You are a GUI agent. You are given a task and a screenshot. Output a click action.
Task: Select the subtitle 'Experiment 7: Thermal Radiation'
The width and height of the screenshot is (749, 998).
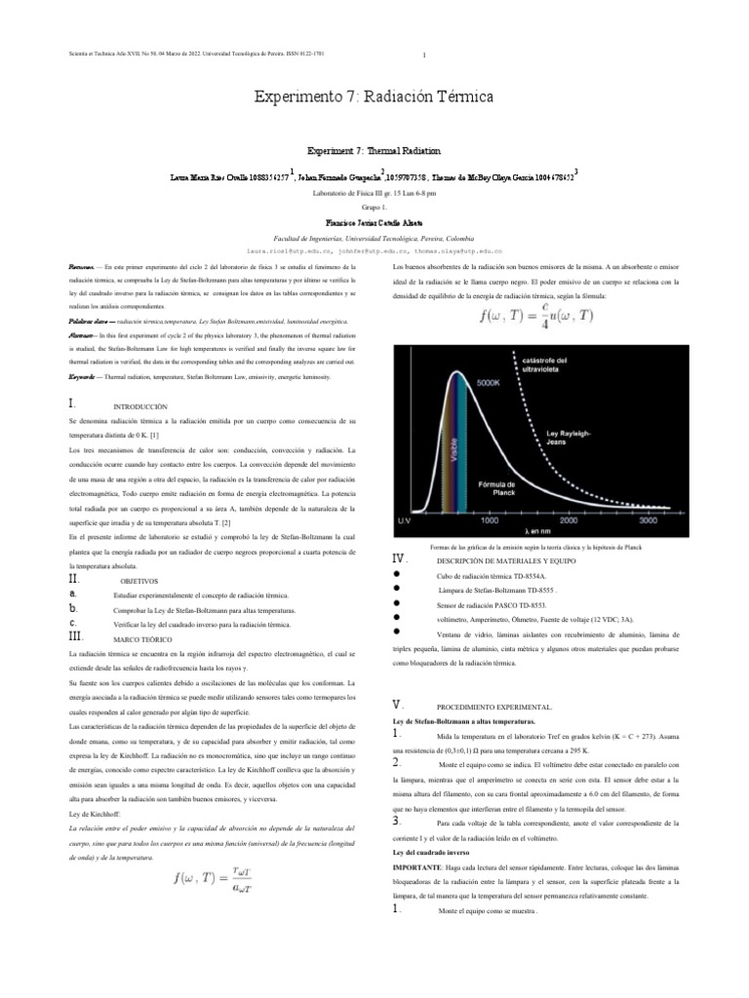[374, 152]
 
